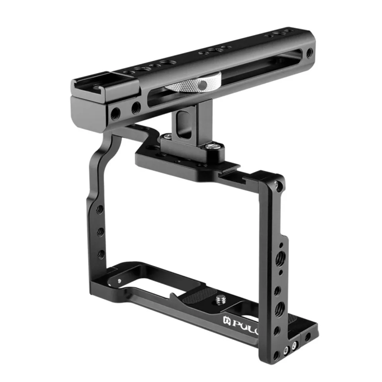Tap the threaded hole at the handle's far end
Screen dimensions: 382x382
point(309,52)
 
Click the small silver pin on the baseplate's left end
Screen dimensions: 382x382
point(120,281)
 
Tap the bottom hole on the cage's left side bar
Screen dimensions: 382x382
point(101,253)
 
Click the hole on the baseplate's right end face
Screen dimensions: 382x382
point(307,337)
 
